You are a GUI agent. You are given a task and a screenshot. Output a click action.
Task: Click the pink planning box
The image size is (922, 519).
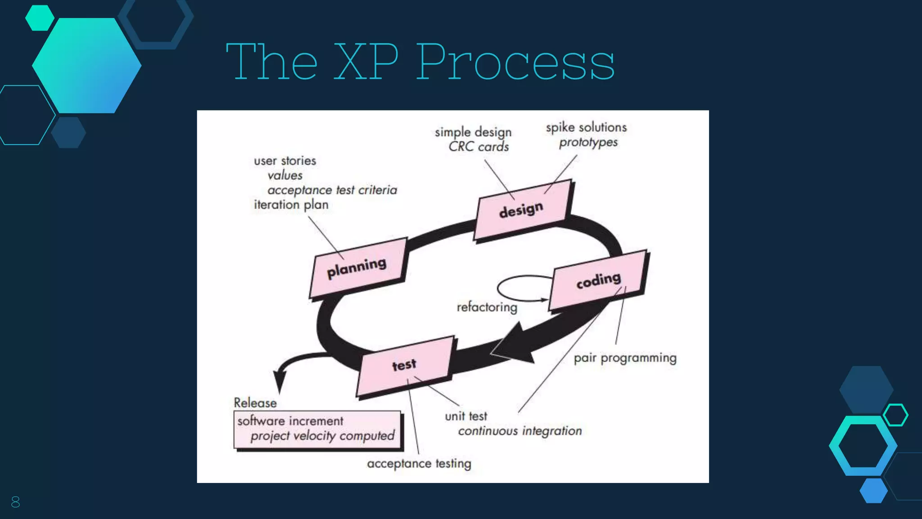point(358,269)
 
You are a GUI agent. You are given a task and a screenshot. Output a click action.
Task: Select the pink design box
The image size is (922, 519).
point(522,210)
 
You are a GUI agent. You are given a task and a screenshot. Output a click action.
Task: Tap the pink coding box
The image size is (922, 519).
point(599,281)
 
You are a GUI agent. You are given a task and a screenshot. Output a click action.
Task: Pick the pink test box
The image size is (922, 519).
point(404,365)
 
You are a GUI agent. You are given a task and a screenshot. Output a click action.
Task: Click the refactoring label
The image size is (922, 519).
point(487,307)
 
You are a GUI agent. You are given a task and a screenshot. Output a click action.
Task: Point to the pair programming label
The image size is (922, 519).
point(625,358)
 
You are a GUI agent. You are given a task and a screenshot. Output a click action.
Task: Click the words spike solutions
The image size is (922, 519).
point(586,127)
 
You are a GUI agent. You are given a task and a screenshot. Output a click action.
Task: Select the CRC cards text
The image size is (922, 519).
point(479,147)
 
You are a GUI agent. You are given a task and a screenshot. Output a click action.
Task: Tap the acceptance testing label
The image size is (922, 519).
point(419,464)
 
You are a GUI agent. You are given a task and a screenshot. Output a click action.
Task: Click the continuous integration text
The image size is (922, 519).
point(520,431)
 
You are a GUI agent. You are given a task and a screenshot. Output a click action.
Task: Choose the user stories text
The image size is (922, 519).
point(285,161)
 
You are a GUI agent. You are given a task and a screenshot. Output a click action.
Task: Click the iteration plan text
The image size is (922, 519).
point(291,205)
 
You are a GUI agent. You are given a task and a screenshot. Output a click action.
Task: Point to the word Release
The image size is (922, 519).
point(255,403)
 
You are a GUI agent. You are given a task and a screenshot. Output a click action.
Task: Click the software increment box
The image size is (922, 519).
point(317,429)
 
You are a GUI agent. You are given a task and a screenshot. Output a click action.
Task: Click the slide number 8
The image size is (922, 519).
point(15,502)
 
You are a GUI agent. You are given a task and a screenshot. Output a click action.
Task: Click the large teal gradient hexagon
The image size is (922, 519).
point(86,66)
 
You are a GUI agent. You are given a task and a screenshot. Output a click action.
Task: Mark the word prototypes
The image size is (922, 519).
point(588,142)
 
